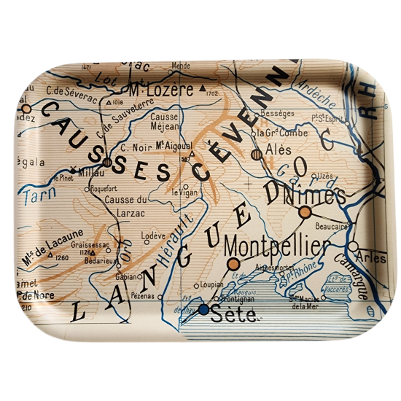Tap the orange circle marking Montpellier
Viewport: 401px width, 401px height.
233,264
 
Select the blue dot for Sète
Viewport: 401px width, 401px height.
203,309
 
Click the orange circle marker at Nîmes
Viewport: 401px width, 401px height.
305,212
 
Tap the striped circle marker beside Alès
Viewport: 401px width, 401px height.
256,155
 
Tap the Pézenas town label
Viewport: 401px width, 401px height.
142,297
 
